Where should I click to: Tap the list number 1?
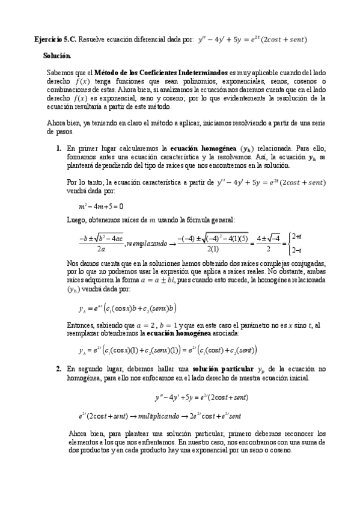[x=58, y=147]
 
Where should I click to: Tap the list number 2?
[x=58, y=369]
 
